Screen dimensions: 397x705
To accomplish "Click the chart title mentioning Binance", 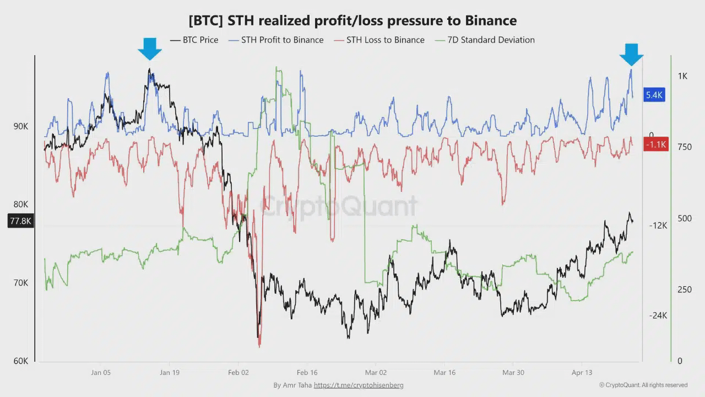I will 352,21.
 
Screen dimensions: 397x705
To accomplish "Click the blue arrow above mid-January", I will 150,49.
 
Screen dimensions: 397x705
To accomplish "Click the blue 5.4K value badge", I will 654,95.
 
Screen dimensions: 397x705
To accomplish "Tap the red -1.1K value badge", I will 655,145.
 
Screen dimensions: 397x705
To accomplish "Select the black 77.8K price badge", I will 21,221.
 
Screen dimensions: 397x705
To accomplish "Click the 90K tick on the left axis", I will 21,126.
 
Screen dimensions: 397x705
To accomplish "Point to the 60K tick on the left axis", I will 21,361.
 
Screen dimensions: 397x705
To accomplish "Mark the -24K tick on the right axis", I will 658,315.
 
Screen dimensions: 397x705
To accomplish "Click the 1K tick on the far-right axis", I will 682,76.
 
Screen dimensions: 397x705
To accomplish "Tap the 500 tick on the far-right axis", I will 684,218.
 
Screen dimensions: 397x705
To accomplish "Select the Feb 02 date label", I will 238,373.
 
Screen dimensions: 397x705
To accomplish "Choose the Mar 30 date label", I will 513,373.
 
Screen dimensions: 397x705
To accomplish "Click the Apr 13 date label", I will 582,373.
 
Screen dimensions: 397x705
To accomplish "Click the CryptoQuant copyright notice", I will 643,385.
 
